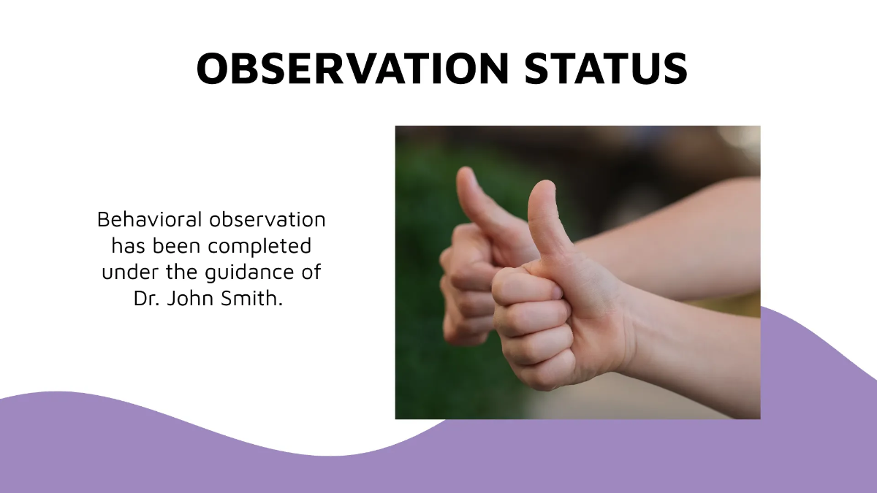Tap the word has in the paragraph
coord(126,246)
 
